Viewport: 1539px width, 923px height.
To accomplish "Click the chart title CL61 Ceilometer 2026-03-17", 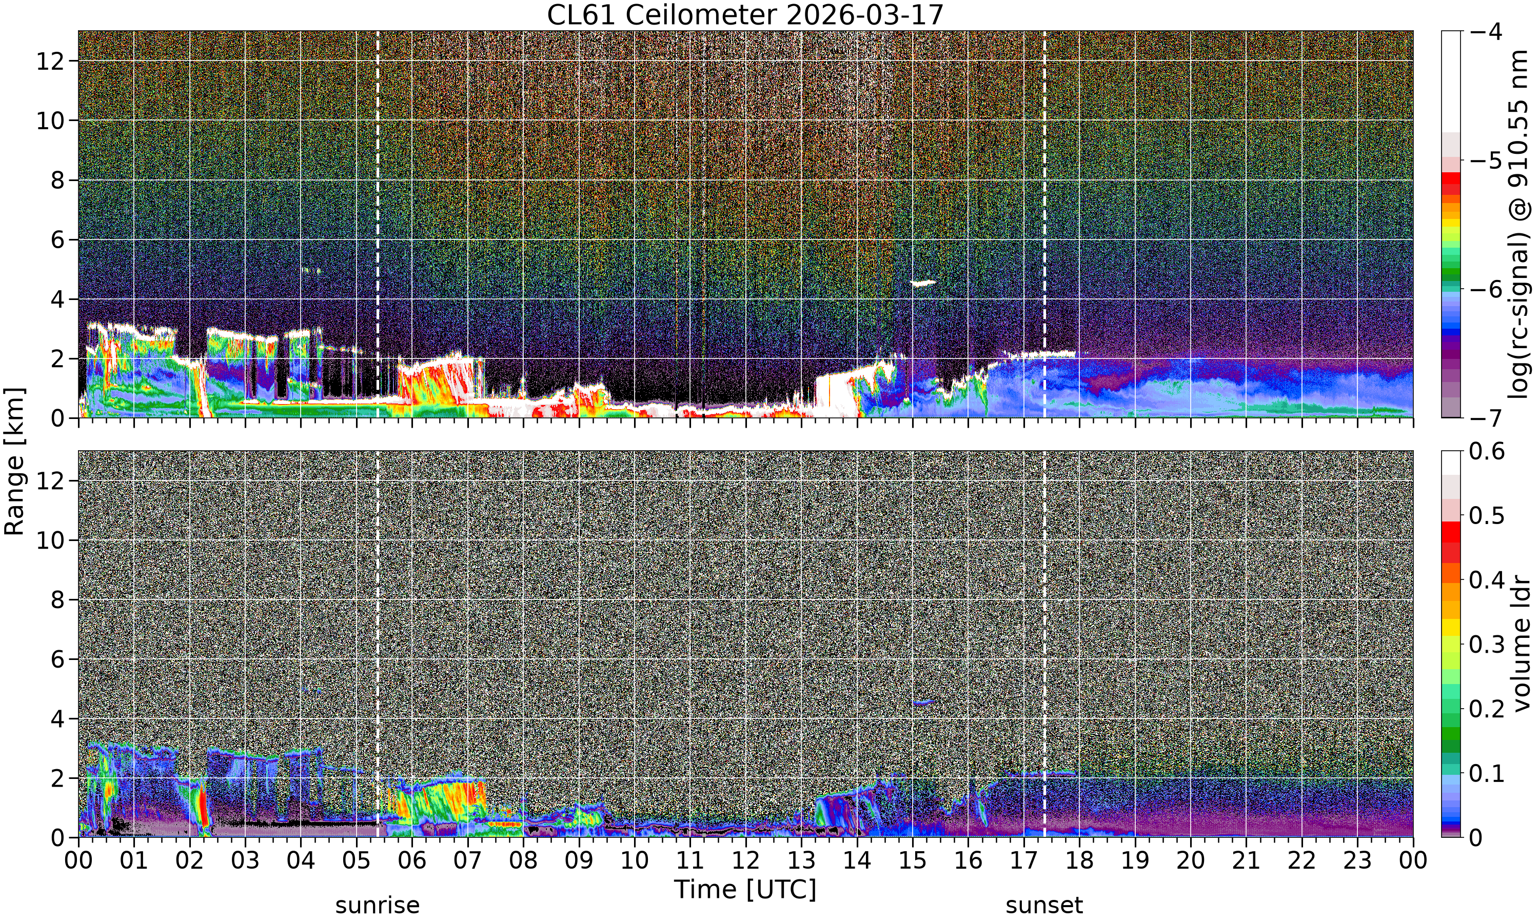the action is pos(745,15).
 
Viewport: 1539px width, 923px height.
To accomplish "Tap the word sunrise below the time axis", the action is pos(378,906).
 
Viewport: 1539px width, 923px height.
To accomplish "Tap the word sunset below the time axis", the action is pos(1044,906).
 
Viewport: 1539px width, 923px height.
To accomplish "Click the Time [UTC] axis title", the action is pos(745,890).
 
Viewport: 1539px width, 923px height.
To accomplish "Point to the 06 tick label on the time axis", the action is pos(412,861).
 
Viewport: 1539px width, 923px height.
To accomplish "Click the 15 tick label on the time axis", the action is pos(913,861).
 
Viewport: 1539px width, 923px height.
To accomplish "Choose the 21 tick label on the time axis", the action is pos(1246,861).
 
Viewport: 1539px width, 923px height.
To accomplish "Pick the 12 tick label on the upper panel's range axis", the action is pos(50,61).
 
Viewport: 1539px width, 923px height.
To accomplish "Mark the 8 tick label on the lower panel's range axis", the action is pos(58,600).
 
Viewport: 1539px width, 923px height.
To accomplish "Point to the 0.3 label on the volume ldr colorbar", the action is pos(1487,645).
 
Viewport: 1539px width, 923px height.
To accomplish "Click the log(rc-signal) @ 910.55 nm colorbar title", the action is pos(1519,224).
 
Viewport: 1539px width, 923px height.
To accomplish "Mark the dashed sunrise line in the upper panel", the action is pos(378,224).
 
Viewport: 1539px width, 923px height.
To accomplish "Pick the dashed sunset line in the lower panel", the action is pos(1044,644).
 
